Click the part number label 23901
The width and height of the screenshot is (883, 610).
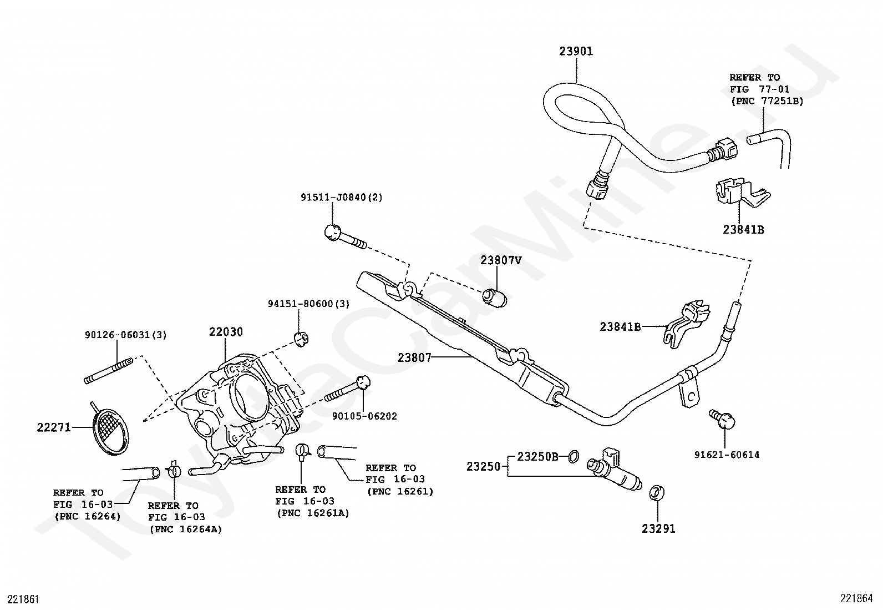tap(576, 51)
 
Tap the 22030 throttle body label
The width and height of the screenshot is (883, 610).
tap(226, 332)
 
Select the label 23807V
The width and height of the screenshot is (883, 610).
tap(501, 260)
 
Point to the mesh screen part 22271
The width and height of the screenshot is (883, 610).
tap(110, 431)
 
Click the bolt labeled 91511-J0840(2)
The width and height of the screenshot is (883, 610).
tap(346, 238)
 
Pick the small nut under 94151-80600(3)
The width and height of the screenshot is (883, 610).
tap(302, 339)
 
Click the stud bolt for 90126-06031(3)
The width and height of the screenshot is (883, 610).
tap(108, 370)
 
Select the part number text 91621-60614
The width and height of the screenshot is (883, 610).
tap(727, 455)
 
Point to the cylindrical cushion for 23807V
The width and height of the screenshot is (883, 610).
tap(495, 298)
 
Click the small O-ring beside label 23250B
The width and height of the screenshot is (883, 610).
tap(574, 457)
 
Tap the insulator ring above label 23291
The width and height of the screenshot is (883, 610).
tap(657, 493)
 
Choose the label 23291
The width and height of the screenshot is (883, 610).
tap(658, 529)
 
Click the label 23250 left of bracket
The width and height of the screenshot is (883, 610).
tap(483, 467)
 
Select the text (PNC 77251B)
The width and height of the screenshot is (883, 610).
tap(767, 102)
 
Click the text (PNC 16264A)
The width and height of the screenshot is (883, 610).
tap(186, 530)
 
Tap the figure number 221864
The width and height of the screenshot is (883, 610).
tap(856, 598)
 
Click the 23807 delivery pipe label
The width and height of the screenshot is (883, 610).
tap(414, 358)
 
